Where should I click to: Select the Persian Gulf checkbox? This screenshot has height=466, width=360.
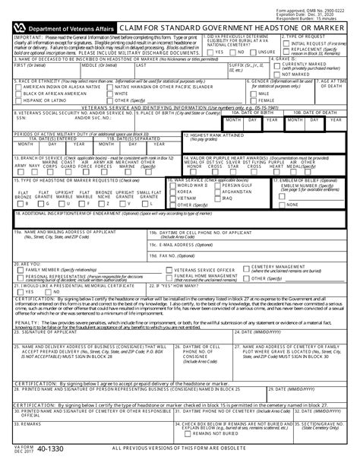pos(219,185)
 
